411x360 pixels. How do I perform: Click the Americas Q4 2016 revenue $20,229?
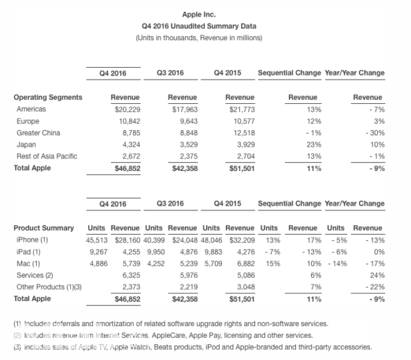(x=128, y=109)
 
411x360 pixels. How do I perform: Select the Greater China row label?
(x=38, y=133)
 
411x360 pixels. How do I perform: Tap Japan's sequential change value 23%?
(x=314, y=145)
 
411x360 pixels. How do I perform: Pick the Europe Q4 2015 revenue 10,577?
(x=244, y=121)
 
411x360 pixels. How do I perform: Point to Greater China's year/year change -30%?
(x=375, y=133)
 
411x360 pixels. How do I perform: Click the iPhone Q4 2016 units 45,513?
(x=97, y=240)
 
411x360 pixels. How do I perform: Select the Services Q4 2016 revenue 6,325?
(x=131, y=275)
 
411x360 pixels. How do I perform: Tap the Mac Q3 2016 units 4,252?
(x=156, y=263)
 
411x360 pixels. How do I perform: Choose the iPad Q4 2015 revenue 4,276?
(x=246, y=252)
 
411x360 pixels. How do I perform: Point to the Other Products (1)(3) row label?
(x=49, y=287)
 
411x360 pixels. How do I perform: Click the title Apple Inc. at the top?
(x=199, y=15)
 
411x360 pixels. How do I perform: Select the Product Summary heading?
(x=44, y=228)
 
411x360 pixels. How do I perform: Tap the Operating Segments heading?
(x=48, y=98)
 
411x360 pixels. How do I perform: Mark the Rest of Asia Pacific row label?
(x=47, y=156)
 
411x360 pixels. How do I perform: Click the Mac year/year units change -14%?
(x=338, y=263)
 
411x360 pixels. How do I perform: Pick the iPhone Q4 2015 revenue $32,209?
(x=242, y=240)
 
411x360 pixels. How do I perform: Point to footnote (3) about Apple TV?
(x=193, y=347)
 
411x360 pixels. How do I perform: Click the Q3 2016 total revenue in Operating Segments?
(x=185, y=168)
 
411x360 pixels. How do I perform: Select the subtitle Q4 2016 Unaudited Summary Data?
(x=199, y=26)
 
